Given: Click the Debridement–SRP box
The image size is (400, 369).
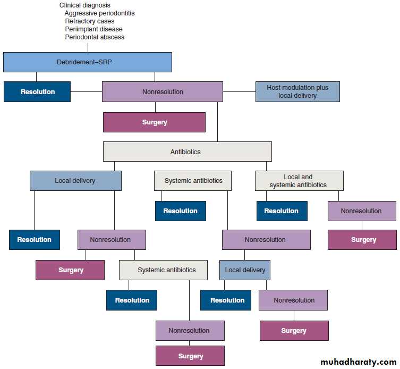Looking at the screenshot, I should [x=88, y=62].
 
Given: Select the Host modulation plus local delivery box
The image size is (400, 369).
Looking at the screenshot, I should [x=297, y=91].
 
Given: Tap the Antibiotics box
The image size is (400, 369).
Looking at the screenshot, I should [x=187, y=152].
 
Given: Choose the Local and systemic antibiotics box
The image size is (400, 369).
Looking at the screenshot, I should [x=299, y=181].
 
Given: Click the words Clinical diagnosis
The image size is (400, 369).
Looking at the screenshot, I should [x=85, y=5].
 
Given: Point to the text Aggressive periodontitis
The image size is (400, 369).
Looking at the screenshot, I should [x=99, y=13].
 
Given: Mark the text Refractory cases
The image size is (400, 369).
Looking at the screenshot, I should [x=89, y=21].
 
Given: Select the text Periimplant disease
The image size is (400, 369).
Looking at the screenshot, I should [x=93, y=29].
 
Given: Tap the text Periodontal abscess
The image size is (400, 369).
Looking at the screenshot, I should [x=95, y=37].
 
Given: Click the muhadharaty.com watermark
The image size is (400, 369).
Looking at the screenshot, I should [x=359, y=362].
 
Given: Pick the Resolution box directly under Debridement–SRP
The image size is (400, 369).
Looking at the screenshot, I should [x=37, y=91].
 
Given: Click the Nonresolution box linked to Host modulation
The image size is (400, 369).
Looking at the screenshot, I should [x=163, y=91].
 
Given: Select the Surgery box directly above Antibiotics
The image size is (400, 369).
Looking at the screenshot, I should [x=154, y=122].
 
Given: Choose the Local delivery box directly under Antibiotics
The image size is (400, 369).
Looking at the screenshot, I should [x=75, y=181].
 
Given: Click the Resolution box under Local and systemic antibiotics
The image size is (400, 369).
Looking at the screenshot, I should [x=282, y=211].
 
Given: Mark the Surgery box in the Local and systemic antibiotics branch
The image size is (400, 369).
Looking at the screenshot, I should [x=362, y=240].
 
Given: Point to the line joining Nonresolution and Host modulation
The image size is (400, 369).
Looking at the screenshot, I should [x=239, y=91].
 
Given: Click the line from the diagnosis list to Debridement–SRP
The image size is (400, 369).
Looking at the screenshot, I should [x=88, y=47].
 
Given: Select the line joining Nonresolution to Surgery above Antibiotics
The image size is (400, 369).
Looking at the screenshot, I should [x=155, y=107].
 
